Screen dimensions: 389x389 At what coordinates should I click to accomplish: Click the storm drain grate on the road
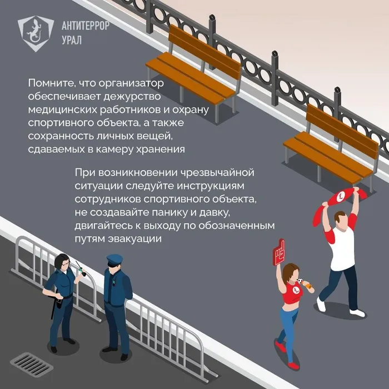(32, 363)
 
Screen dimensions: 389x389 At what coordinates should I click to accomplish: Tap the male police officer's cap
(114, 259)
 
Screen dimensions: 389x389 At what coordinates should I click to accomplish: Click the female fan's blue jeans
(288, 322)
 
